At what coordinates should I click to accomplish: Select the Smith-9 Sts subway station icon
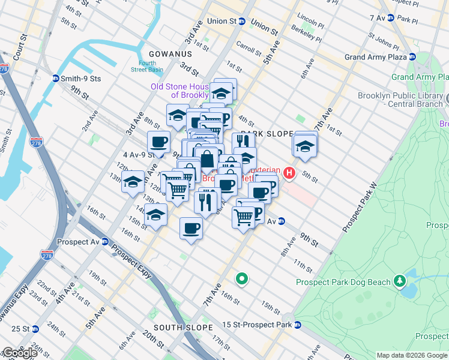[56, 78]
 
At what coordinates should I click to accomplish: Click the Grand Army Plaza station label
[376, 58]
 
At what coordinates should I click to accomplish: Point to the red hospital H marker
[290, 174]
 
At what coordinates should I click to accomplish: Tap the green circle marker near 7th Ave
[242, 278]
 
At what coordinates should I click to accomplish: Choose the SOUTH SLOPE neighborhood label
[183, 328]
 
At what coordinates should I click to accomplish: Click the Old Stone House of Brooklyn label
[178, 91]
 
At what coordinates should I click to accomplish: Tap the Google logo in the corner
[20, 353]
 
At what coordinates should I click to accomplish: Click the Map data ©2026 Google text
[412, 355]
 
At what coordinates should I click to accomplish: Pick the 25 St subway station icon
[35, 329]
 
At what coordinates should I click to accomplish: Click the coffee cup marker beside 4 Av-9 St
[159, 142]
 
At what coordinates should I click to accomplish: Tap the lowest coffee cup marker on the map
[191, 229]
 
